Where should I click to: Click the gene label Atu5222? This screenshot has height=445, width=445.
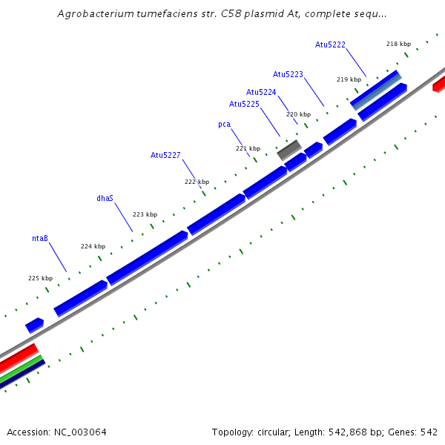coord(330,45)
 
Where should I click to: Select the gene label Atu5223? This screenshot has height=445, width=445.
coord(288,74)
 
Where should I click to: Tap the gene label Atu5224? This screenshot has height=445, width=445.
coord(261,92)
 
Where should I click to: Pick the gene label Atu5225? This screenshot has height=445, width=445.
coord(244,104)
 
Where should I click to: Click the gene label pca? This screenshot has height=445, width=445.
coord(224,125)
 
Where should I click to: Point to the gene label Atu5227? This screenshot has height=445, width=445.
coord(165,155)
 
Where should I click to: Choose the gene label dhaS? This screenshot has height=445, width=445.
coord(105,199)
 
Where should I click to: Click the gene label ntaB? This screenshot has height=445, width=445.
coord(40,239)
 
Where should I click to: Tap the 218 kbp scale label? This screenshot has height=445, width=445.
coord(398,44)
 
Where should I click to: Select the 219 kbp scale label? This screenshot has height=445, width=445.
coord(349,79)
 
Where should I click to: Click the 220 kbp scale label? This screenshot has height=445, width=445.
coord(298,114)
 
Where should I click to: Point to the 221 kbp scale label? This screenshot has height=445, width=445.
coord(248,148)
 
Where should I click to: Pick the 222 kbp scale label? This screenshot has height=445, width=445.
coord(197,182)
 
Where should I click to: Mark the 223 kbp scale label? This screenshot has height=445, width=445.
coord(145,214)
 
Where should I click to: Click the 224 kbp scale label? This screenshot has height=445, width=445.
coord(93,246)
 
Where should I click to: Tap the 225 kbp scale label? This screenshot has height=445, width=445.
coord(40,278)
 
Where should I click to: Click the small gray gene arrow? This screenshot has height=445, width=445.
coord(289,148)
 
